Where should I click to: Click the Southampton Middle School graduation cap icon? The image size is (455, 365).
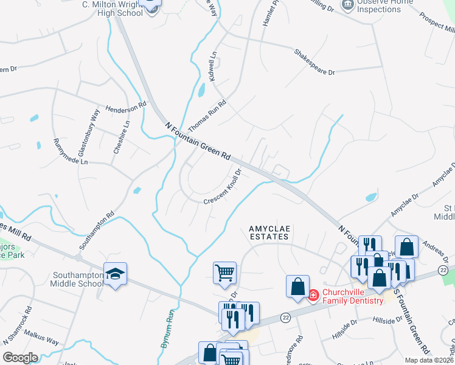(x=114, y=274)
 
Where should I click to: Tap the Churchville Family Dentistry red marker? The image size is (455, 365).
(x=313, y=296)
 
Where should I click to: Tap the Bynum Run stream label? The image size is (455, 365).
(x=168, y=327)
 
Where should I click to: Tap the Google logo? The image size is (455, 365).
(x=21, y=357)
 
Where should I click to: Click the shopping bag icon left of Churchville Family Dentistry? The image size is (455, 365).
(x=298, y=287)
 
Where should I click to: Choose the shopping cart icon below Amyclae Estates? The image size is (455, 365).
(x=224, y=272)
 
